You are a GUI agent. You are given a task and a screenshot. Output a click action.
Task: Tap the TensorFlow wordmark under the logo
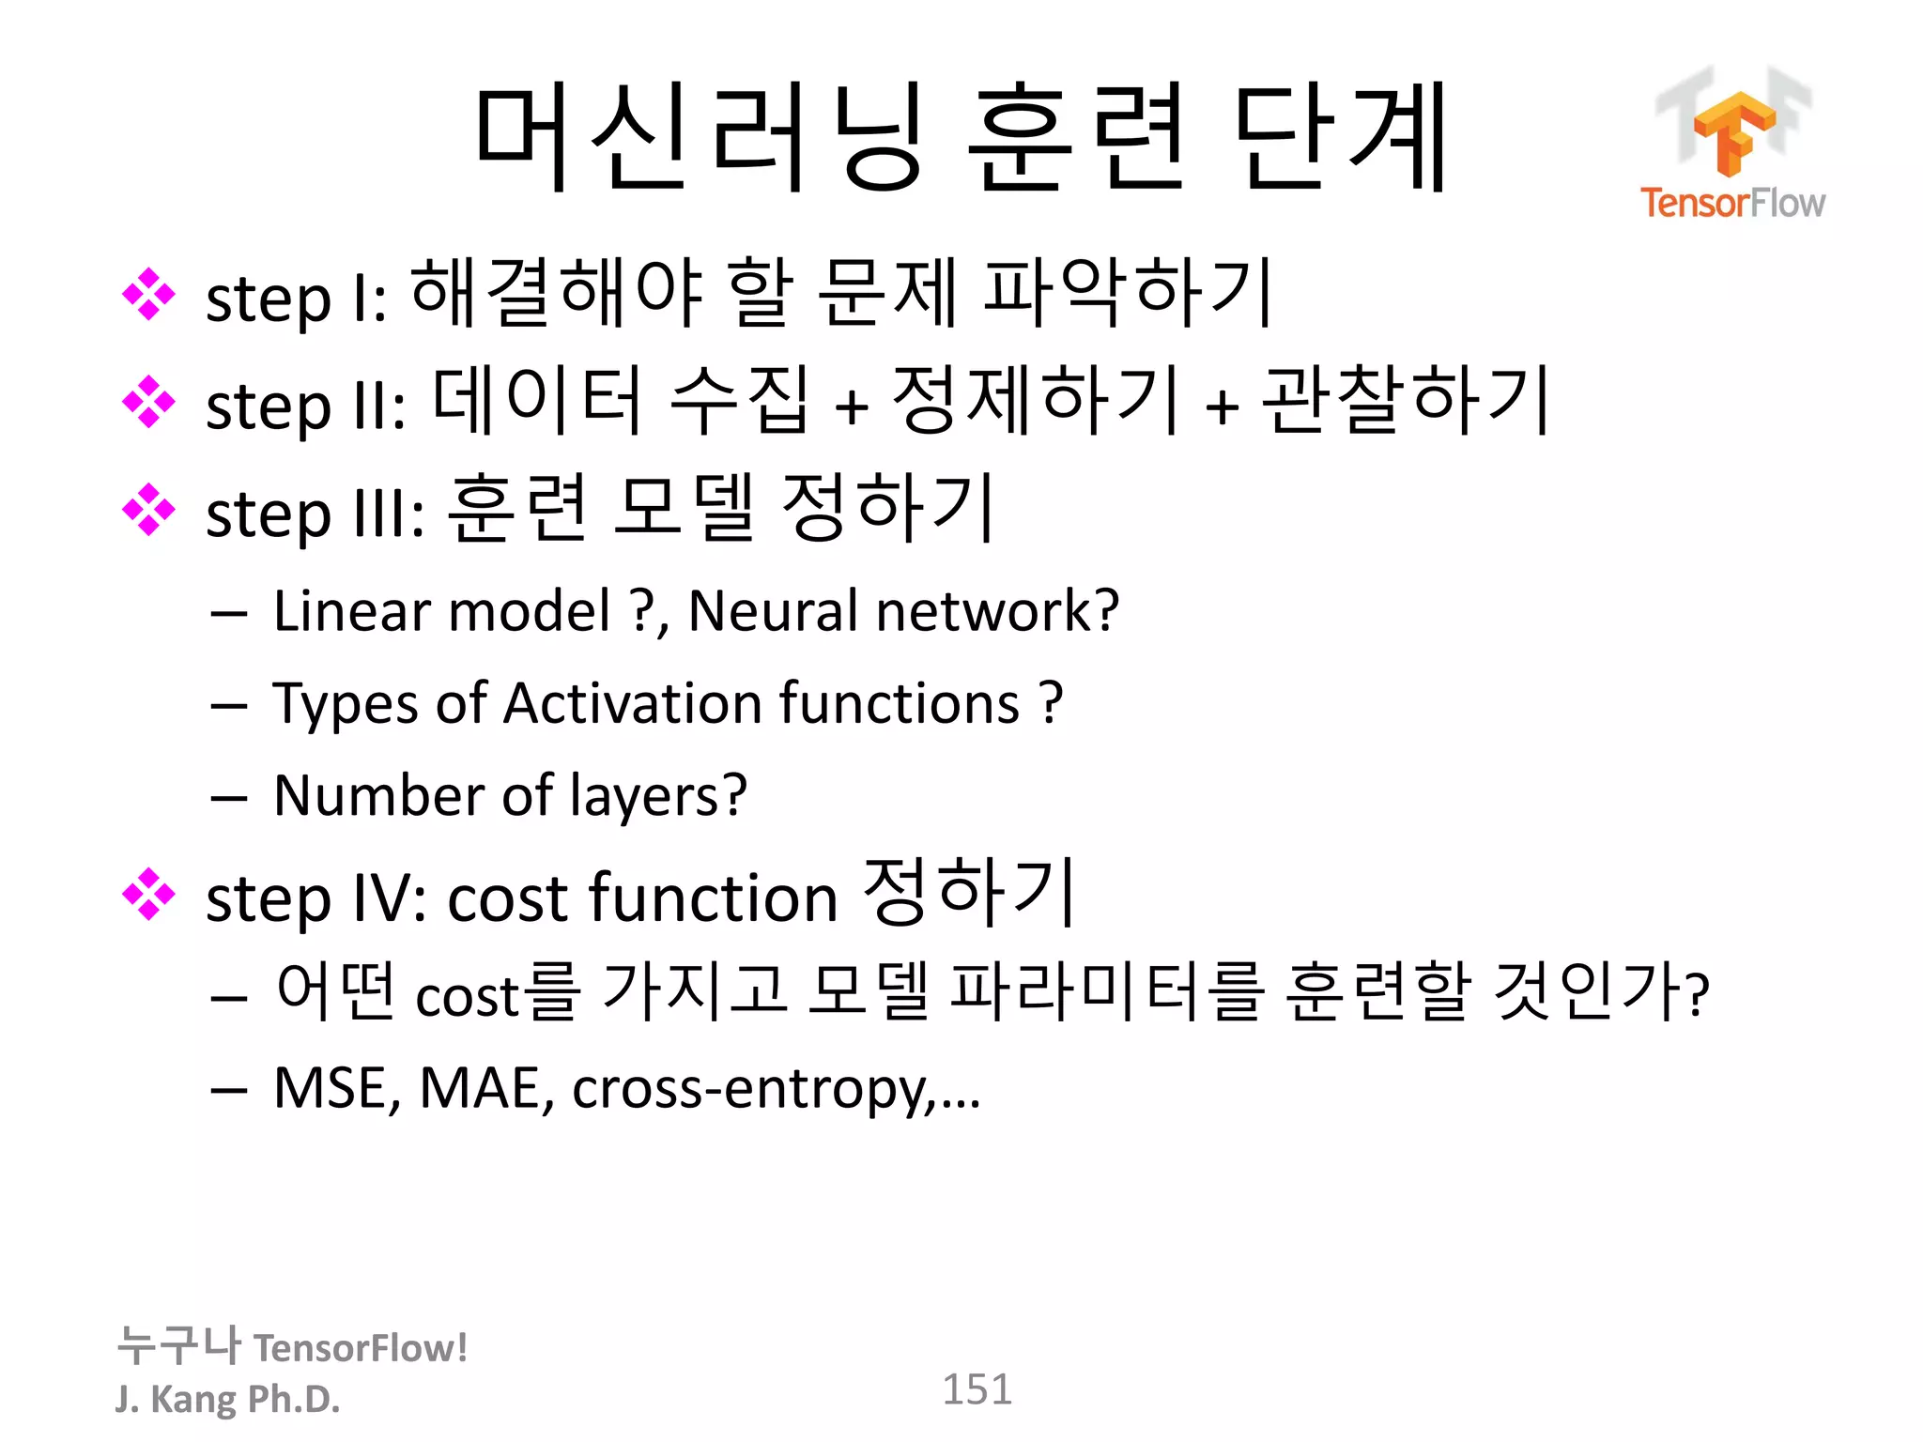click(1732, 203)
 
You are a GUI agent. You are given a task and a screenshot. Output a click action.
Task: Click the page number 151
click(977, 1389)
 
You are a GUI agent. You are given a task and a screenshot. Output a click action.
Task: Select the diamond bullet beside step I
click(148, 295)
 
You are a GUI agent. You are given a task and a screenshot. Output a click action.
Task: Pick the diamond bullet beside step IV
click(148, 895)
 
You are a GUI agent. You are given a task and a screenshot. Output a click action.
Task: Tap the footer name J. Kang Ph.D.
click(227, 1399)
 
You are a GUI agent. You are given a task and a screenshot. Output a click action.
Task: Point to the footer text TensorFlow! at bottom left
click(361, 1348)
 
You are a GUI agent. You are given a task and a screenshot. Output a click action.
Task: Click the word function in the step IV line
click(713, 897)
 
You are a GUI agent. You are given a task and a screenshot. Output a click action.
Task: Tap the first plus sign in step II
click(851, 407)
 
